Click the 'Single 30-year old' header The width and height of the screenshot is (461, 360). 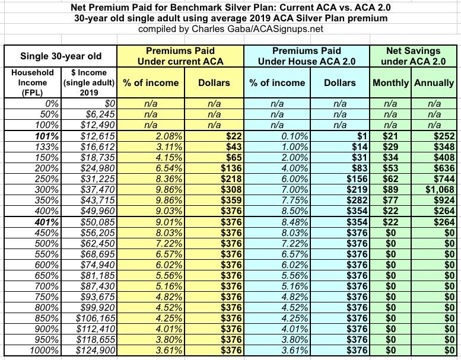click(x=61, y=56)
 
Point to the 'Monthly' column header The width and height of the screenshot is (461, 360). click(x=390, y=82)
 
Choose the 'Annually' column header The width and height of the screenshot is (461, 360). click(x=434, y=82)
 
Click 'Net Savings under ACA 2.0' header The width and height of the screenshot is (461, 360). click(x=412, y=56)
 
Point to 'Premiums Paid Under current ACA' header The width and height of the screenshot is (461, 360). click(x=178, y=56)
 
